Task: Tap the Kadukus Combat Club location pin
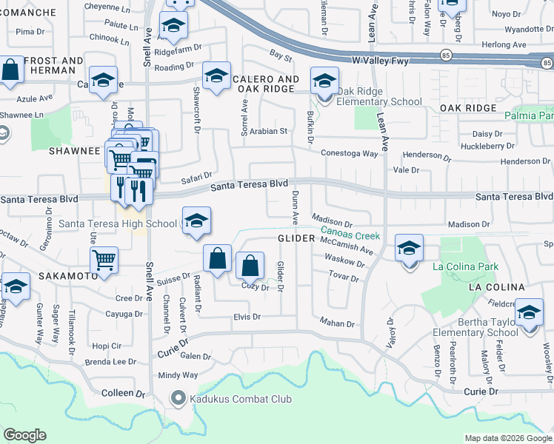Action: pos(178,400)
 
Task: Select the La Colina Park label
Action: pos(465,266)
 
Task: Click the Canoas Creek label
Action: pos(350,235)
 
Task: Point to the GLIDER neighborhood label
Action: pos(297,238)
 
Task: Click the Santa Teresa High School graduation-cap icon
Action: pos(196,221)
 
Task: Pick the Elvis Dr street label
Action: pos(247,317)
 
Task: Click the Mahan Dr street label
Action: pos(338,322)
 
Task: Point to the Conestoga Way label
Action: pos(349,153)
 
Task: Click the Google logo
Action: pos(24,435)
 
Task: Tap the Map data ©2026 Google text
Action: pos(507,438)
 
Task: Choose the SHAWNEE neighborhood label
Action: pos(74,150)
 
